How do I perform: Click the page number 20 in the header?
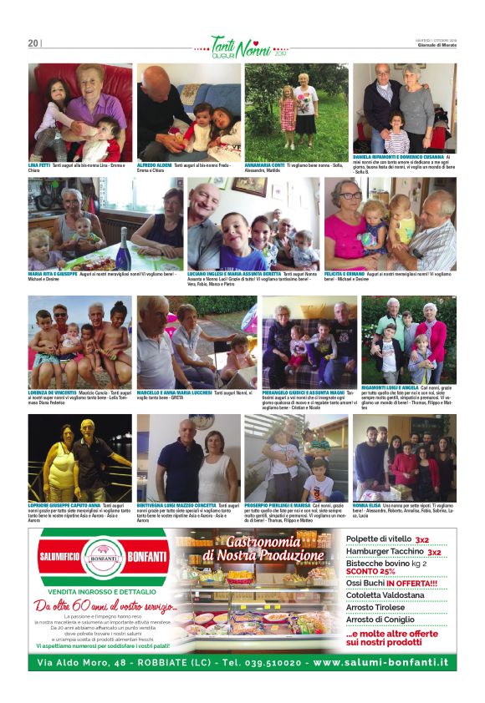[x=33, y=43]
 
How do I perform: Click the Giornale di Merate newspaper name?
[x=436, y=46]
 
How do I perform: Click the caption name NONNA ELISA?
[x=366, y=505]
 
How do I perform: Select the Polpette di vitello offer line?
[x=380, y=539]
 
